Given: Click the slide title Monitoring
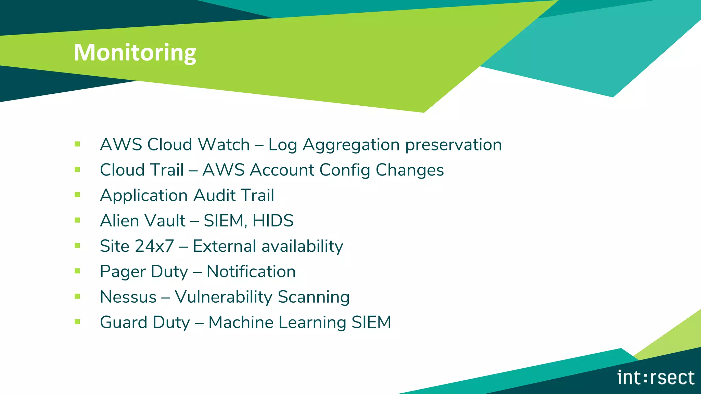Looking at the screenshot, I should (135, 53).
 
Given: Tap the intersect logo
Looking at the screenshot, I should (656, 378).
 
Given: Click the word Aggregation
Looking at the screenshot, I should (351, 145).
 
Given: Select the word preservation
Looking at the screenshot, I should (454, 145).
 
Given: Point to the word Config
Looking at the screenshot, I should (345, 170).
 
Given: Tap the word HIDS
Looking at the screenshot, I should (273, 221).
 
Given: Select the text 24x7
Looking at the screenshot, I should (154, 246).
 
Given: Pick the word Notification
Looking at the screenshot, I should (251, 272).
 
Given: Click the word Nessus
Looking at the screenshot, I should (128, 297).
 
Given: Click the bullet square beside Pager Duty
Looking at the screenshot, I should (77, 271).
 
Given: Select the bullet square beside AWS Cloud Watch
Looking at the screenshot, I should (77, 144).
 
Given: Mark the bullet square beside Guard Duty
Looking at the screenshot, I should (77, 322).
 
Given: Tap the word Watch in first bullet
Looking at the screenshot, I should (224, 145).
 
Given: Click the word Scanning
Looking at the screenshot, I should (314, 297).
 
